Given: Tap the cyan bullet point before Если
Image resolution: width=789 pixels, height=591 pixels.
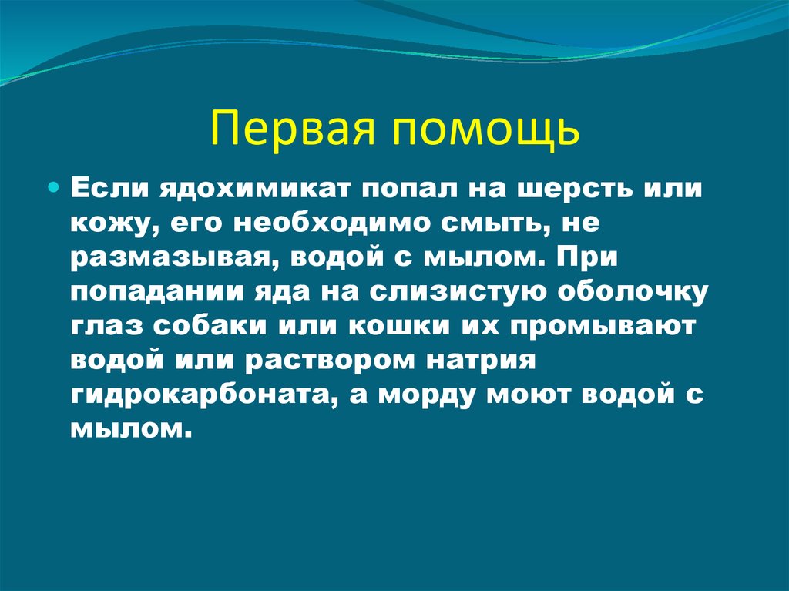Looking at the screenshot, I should coord(53,166).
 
